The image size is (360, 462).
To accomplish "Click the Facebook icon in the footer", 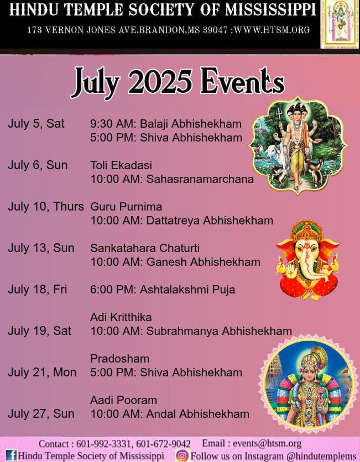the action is (x=11, y=455).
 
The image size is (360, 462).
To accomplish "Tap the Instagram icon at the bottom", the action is (x=182, y=455).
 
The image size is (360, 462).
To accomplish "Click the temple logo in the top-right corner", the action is (x=340, y=24).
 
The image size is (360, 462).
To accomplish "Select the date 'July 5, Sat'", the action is (x=36, y=123).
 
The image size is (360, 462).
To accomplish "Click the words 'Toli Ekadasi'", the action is (x=121, y=165).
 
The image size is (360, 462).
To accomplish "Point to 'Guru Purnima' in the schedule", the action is (x=126, y=207).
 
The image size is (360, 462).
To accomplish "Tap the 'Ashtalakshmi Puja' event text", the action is (x=187, y=290).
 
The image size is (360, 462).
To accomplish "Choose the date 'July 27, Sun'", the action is (x=41, y=414).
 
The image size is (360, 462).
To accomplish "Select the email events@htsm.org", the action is (x=267, y=443).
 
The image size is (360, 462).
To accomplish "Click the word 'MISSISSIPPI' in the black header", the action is (x=270, y=9).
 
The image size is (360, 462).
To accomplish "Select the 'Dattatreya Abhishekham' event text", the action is (x=210, y=221).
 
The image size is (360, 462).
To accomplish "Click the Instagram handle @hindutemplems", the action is (x=321, y=456).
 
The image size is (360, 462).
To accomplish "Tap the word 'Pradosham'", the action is (x=119, y=359).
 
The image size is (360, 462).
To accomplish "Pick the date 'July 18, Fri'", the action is (x=38, y=290).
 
